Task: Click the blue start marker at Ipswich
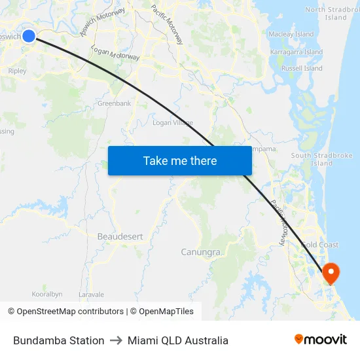[x=29, y=35]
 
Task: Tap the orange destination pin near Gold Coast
[x=331, y=272]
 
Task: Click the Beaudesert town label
[x=120, y=236]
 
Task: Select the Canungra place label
[x=200, y=252]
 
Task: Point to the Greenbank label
[x=115, y=103]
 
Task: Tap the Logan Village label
[x=173, y=122]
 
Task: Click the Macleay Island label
[x=291, y=34]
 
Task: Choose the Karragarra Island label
[x=297, y=52]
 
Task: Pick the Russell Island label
[x=302, y=68]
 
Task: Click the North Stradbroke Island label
[x=334, y=13]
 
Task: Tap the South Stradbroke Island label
[x=322, y=160]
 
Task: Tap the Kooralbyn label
[x=47, y=295]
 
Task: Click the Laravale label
[x=91, y=295]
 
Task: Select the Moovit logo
[x=320, y=339]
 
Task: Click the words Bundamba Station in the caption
[x=59, y=340]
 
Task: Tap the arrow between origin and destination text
[x=117, y=340]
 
